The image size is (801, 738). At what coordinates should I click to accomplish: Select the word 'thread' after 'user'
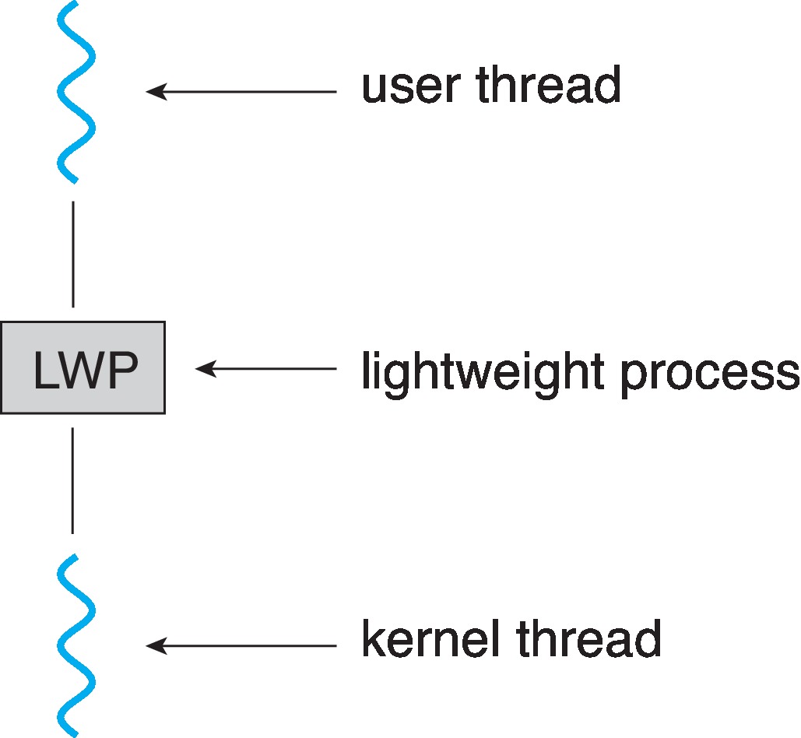click(x=548, y=85)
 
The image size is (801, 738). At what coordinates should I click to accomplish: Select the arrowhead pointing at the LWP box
click(x=204, y=369)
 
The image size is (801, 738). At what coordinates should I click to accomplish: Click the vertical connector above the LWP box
click(x=73, y=254)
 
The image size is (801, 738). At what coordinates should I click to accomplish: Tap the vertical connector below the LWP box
click(x=73, y=480)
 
